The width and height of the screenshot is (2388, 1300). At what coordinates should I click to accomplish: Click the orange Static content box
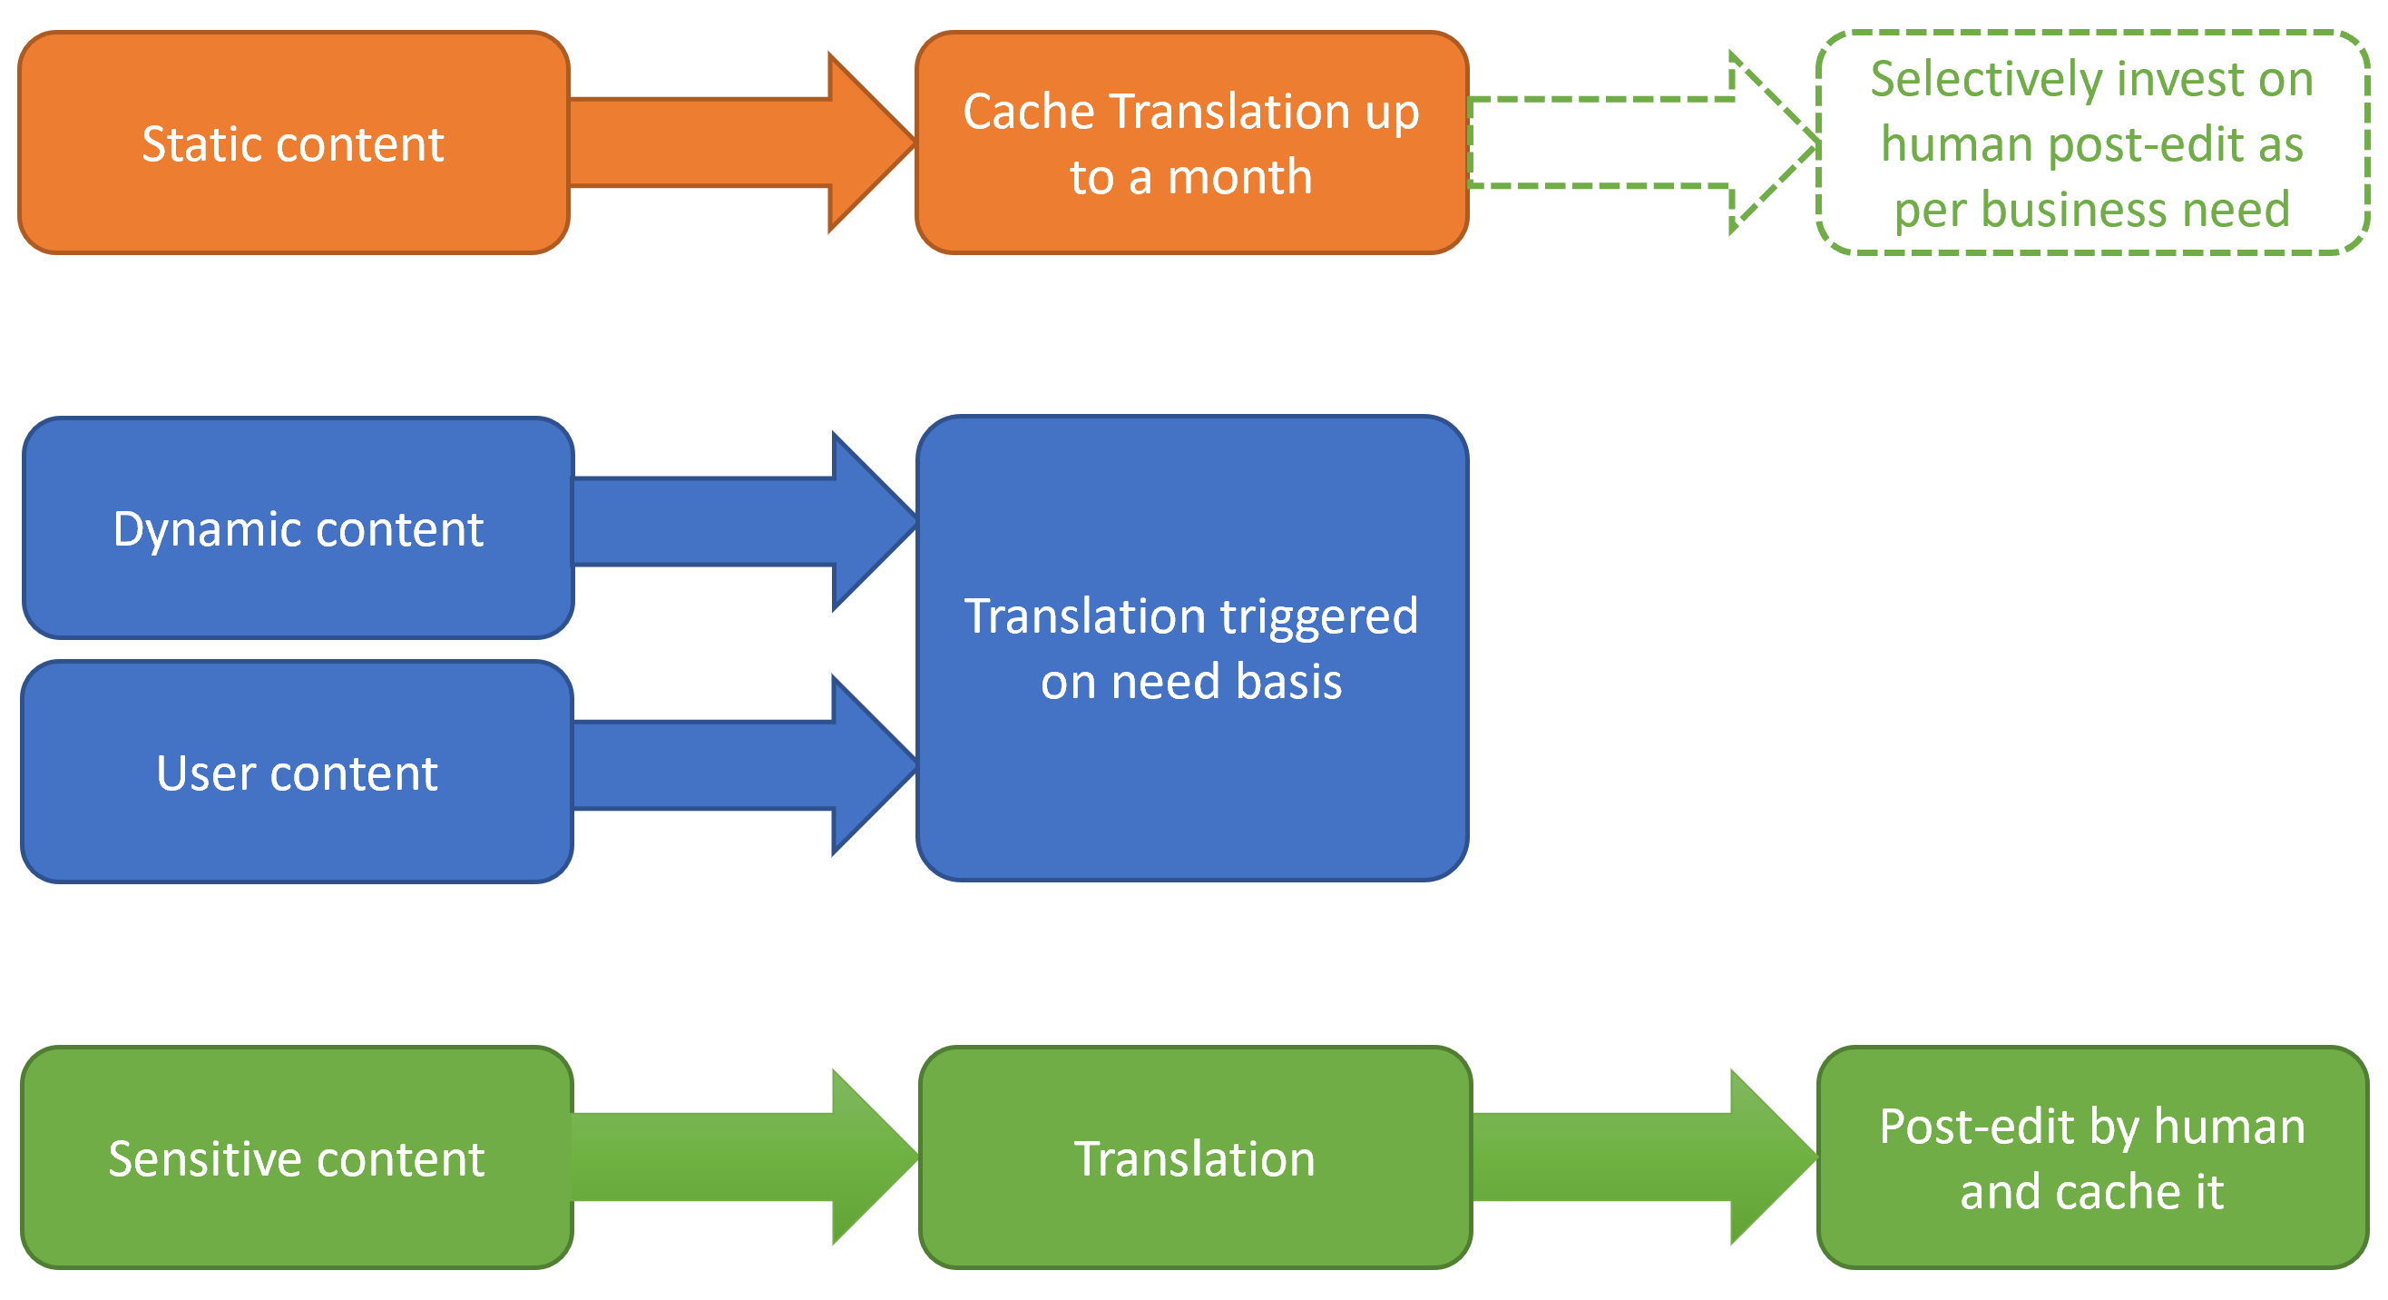coord(293,143)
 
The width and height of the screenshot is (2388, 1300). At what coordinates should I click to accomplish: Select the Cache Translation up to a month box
coord(1191,143)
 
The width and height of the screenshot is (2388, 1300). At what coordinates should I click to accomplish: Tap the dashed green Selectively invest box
coord(2092,143)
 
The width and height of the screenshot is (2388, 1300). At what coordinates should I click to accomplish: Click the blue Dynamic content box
coord(298,528)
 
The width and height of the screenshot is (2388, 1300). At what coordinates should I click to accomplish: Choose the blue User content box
coord(297,773)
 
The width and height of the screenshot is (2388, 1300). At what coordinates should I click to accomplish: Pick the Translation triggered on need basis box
coord(1191,648)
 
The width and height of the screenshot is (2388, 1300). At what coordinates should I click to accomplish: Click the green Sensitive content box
coord(297,1157)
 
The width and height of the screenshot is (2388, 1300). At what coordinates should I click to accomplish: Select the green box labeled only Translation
coord(1195,1157)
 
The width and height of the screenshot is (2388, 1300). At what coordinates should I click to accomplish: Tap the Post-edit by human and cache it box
coord(2092,1157)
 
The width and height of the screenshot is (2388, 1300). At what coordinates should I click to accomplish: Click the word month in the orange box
coord(1239,177)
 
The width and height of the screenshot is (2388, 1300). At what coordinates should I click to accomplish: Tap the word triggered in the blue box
coord(1317,617)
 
